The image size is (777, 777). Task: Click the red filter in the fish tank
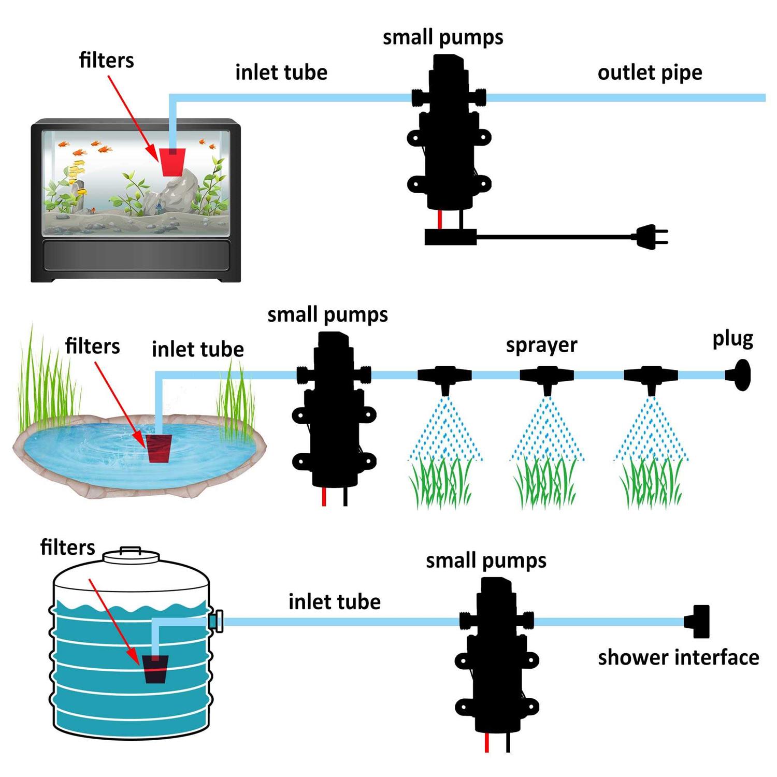(x=172, y=162)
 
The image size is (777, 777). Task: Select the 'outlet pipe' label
(x=650, y=73)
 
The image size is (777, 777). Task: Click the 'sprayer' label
(x=541, y=346)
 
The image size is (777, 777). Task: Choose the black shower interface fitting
(x=698, y=622)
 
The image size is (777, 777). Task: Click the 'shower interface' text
(x=678, y=657)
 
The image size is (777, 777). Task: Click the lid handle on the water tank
(x=131, y=550)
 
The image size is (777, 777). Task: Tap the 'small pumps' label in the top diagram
(x=443, y=37)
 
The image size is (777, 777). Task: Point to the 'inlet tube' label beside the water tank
(x=335, y=602)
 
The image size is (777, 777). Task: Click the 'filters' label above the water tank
(x=68, y=547)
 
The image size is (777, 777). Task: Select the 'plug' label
(x=732, y=339)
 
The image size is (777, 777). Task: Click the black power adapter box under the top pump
(x=450, y=237)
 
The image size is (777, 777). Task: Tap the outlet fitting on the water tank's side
(x=217, y=621)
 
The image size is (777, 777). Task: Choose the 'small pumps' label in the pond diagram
(x=327, y=315)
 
